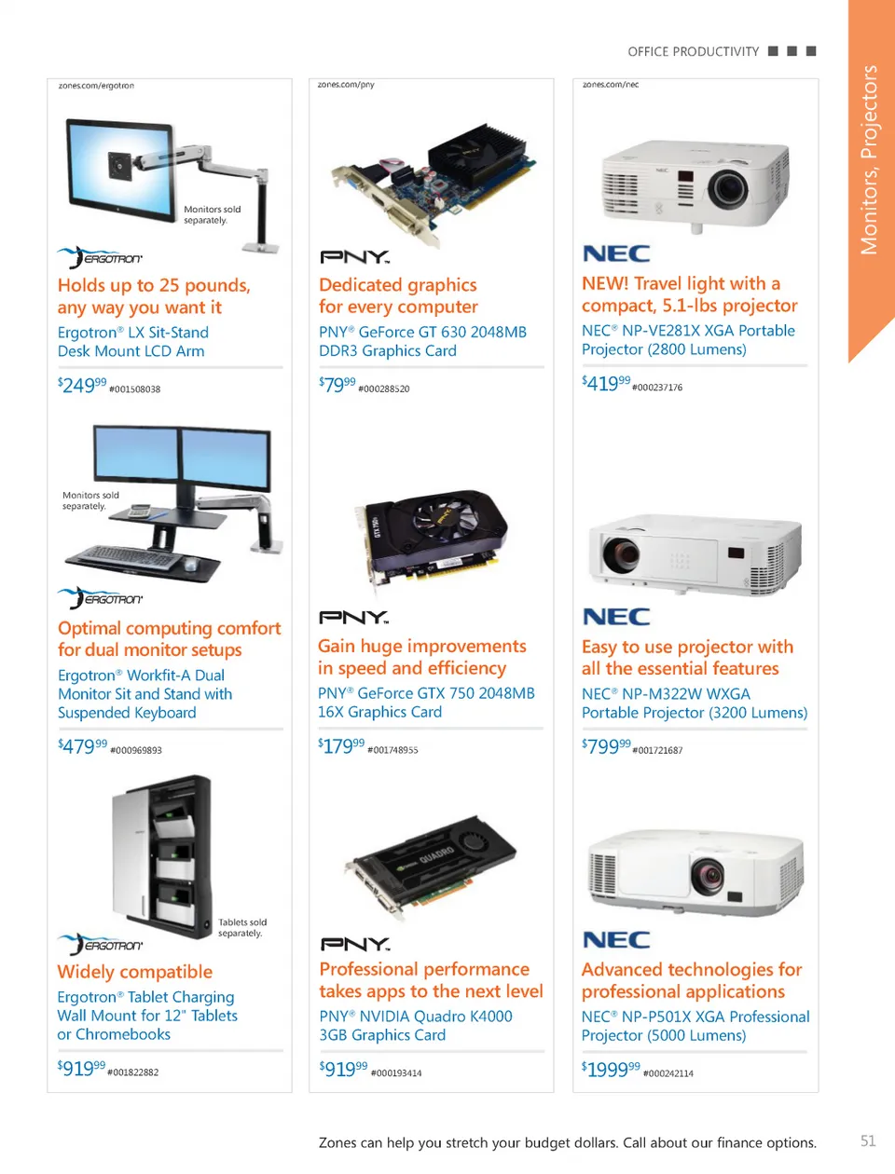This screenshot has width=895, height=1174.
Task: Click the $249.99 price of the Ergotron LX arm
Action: pos(82,385)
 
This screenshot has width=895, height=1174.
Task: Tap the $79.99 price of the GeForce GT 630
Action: pos(337,384)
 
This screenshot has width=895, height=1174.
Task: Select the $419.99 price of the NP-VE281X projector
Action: pos(606,383)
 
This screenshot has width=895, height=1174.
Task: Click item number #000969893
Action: pos(136,750)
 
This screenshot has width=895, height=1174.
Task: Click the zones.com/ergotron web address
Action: pos(96,86)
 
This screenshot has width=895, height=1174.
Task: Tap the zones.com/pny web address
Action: pos(346,85)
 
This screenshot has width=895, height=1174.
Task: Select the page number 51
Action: pos(868,1141)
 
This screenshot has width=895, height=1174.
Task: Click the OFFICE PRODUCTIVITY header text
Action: pos(694,52)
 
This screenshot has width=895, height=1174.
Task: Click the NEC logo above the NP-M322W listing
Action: pos(616,617)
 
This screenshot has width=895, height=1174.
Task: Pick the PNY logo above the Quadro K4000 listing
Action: pos(355,944)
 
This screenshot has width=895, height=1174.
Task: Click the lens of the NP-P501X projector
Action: pos(708,875)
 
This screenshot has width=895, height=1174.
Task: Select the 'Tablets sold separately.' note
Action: pos(241,927)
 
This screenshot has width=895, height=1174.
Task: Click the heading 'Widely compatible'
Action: pos(135,972)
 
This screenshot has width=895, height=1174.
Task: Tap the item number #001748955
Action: pos(392,750)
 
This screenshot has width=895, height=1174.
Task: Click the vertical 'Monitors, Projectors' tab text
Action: pos(869,160)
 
